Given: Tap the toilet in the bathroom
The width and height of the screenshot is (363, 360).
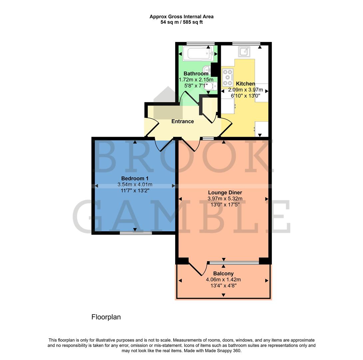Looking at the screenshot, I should (213, 86).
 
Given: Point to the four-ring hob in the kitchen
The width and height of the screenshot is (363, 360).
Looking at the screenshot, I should (228, 77).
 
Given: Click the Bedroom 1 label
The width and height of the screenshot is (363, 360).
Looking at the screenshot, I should (135, 178).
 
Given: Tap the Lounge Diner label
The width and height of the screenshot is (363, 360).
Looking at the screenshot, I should (225, 192).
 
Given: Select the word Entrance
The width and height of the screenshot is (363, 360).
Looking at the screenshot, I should (182, 121).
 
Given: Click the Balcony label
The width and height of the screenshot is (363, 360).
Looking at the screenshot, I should (223, 274).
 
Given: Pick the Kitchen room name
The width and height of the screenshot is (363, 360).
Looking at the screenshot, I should (245, 84).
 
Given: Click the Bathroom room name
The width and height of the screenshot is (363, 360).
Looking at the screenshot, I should (196, 73).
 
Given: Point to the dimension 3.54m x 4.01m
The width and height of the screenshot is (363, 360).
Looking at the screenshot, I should (135, 185).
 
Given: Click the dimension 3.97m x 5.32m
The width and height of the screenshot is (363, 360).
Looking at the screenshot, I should (225, 199).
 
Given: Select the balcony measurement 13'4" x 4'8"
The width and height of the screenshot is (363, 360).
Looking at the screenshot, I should (223, 286).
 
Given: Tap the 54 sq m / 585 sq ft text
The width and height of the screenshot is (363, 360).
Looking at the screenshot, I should (181, 22).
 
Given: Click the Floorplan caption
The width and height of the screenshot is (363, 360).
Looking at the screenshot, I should (106, 317).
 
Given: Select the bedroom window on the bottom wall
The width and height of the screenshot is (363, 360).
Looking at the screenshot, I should (136, 233).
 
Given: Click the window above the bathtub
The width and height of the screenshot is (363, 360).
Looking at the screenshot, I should (200, 43).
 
